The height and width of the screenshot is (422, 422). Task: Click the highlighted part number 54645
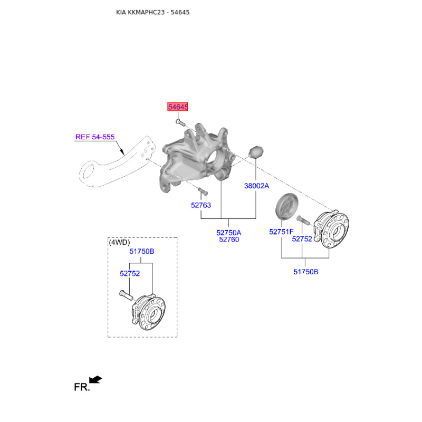pyautogui.click(x=178, y=107)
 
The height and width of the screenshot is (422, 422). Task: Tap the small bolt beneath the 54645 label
pyautogui.click(x=179, y=123)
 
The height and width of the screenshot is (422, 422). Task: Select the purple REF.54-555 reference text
pyautogui.click(x=95, y=137)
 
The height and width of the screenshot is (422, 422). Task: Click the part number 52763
pyautogui.click(x=201, y=205)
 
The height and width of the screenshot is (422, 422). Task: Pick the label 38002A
pyautogui.click(x=256, y=186)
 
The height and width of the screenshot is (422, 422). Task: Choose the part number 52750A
pyautogui.click(x=229, y=232)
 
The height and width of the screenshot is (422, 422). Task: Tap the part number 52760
pyautogui.click(x=229, y=239)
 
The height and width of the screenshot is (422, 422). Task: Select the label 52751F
pyautogui.click(x=281, y=231)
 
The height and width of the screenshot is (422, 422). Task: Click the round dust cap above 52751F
pyautogui.click(x=287, y=206)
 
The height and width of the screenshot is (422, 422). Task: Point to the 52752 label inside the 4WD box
pyautogui.click(x=129, y=273)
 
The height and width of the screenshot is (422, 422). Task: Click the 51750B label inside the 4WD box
pyautogui.click(x=142, y=252)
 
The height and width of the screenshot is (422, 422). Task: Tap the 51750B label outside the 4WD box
pyautogui.click(x=306, y=272)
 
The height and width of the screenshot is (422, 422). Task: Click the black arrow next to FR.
pyautogui.click(x=95, y=380)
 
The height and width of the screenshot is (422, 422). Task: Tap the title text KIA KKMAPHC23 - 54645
pyautogui.click(x=152, y=12)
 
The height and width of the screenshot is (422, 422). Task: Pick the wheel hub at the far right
pyautogui.click(x=333, y=227)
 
